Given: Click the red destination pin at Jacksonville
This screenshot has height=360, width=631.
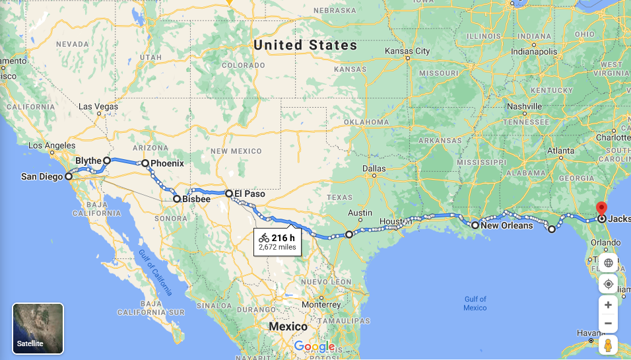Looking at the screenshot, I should pos(601,207).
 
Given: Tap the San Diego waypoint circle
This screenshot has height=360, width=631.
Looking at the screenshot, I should pos(69,176).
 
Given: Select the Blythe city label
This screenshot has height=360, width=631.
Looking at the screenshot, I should pos(88,161).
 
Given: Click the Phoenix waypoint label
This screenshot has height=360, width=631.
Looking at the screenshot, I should pos(167,162).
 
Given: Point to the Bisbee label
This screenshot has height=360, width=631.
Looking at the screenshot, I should pos(197,198).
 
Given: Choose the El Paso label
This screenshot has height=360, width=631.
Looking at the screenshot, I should pos(250,194).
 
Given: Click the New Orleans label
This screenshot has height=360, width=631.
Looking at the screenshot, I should pos(507,225).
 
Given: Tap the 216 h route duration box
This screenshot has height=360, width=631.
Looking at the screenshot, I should pos(277,242).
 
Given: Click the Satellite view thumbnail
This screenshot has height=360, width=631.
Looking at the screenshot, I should pos(38,328).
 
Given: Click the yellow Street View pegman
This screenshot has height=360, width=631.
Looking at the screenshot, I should pos(608,345).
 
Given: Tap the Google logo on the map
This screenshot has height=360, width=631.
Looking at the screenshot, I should pos(314,346).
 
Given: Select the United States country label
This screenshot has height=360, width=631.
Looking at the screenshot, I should pos(306,46).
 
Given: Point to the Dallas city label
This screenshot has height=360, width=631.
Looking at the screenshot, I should pos(374,168).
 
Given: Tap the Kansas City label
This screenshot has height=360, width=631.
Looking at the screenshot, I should pos(407,51).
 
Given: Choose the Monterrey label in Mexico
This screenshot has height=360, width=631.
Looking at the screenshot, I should pos(321,305).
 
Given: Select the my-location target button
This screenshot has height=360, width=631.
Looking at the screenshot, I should pos(608,284).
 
